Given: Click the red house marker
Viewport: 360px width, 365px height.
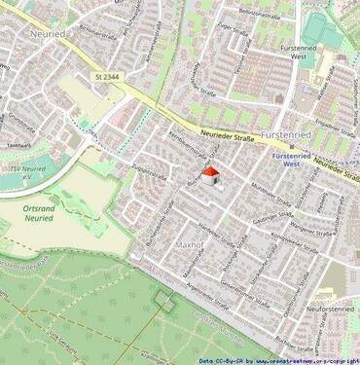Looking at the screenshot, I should (209, 175).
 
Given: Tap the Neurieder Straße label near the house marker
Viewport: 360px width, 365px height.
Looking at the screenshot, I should (228, 138).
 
